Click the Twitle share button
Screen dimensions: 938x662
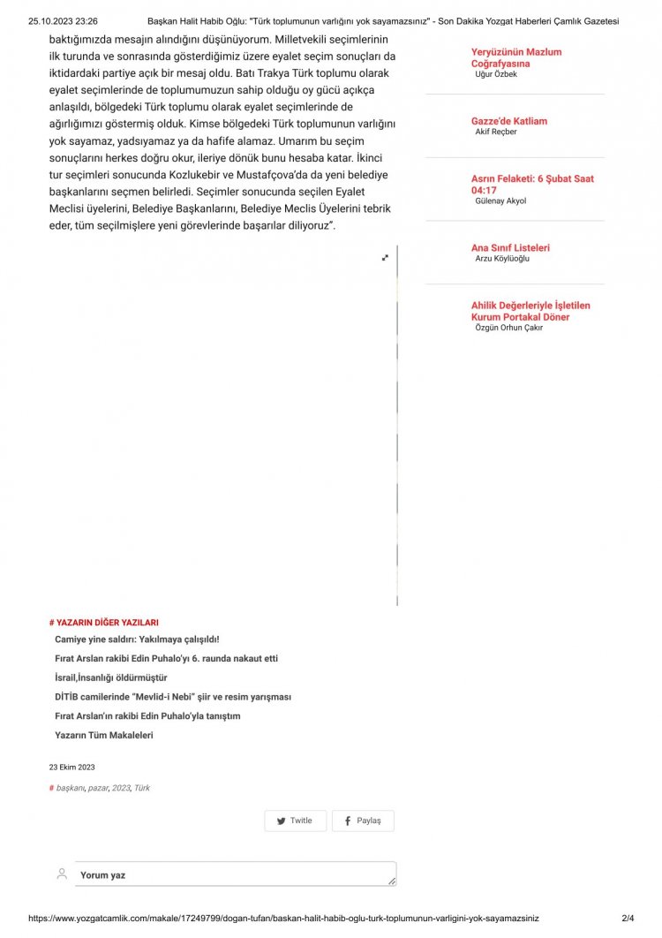click(295, 821)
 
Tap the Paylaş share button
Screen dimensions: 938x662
click(363, 821)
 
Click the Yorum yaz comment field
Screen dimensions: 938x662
click(235, 874)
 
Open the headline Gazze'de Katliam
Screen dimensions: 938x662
click(508, 122)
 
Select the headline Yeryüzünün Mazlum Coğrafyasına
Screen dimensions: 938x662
click(515, 57)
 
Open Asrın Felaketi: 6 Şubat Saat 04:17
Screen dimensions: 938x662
click(531, 184)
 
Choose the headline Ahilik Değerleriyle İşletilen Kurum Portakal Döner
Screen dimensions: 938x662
click(530, 311)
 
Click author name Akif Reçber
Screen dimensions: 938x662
click(496, 132)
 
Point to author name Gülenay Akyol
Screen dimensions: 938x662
click(500, 201)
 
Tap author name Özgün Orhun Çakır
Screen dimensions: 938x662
click(508, 328)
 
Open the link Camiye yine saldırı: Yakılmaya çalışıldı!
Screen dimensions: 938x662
click(137, 639)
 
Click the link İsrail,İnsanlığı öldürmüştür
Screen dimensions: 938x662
click(111, 677)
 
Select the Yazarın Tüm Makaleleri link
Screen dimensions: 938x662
click(104, 735)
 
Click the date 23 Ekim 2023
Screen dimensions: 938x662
click(71, 768)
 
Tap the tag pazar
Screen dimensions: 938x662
click(97, 788)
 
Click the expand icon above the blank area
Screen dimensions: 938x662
click(385, 257)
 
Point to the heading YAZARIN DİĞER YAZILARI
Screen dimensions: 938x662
click(107, 623)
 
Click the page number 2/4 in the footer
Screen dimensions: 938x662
click(628, 919)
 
